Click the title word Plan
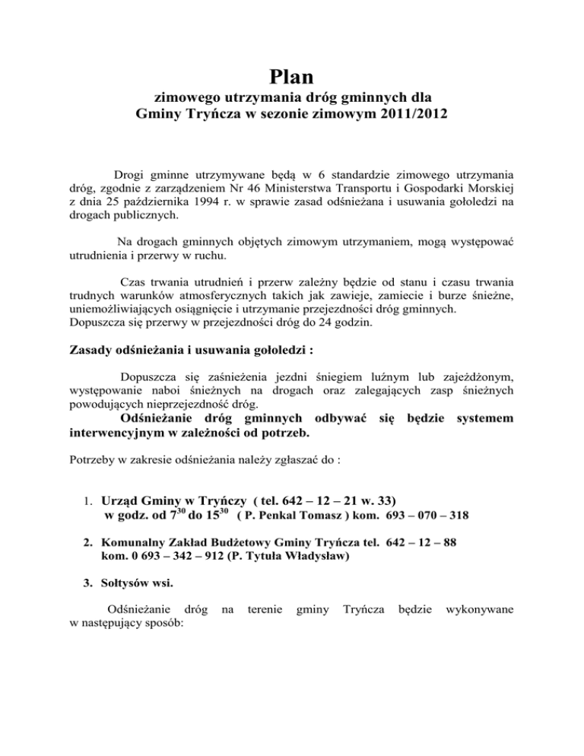292,78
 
